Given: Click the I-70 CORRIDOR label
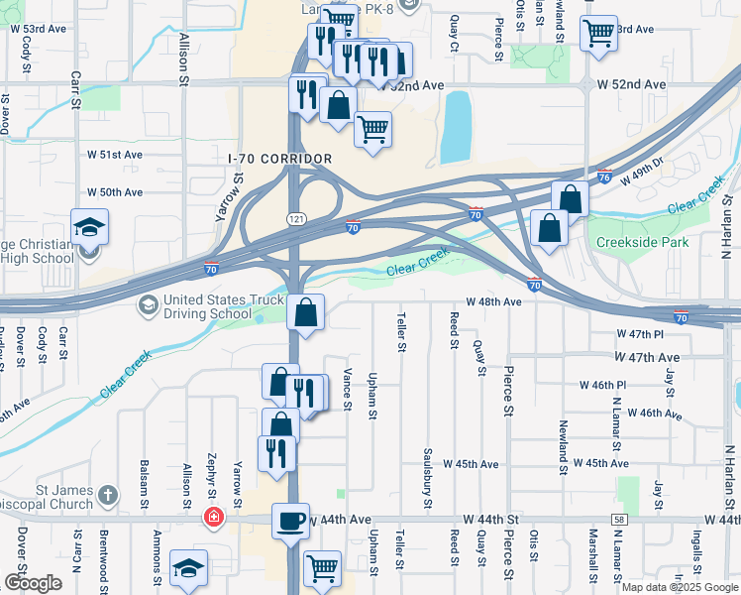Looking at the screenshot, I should point(279,159).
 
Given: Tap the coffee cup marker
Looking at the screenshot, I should point(290,521).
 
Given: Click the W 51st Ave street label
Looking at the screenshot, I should point(115,155).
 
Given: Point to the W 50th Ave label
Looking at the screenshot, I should point(115,192).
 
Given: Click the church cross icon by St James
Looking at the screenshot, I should point(109,493).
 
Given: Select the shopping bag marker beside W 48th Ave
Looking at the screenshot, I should point(305,313).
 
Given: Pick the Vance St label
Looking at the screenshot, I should point(348,388).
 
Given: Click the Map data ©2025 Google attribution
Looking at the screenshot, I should point(679,587).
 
